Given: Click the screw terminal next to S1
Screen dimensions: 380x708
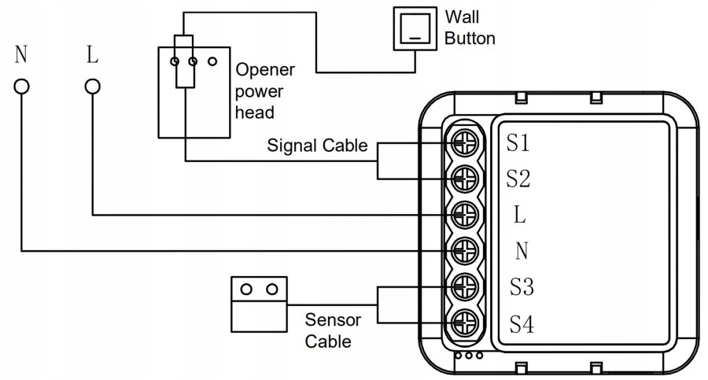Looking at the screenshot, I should [x=464, y=142].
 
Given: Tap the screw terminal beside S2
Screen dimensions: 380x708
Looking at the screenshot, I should [x=464, y=178].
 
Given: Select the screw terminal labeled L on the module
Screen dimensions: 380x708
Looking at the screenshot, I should [x=464, y=214].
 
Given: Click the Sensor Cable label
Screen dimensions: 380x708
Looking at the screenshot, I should [x=333, y=330].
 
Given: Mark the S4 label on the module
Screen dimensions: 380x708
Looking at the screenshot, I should [x=521, y=323].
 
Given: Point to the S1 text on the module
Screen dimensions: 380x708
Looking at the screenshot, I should [x=518, y=143].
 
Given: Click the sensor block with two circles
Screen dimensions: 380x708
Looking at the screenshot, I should [x=258, y=303].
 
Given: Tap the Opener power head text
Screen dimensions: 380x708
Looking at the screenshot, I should [x=264, y=90].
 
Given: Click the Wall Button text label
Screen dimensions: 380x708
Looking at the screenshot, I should [x=470, y=27].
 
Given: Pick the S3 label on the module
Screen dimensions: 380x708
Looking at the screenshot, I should [x=521, y=287].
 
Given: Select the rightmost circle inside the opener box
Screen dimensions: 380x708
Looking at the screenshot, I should [x=212, y=60].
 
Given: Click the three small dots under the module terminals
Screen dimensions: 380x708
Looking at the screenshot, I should [x=470, y=356].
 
